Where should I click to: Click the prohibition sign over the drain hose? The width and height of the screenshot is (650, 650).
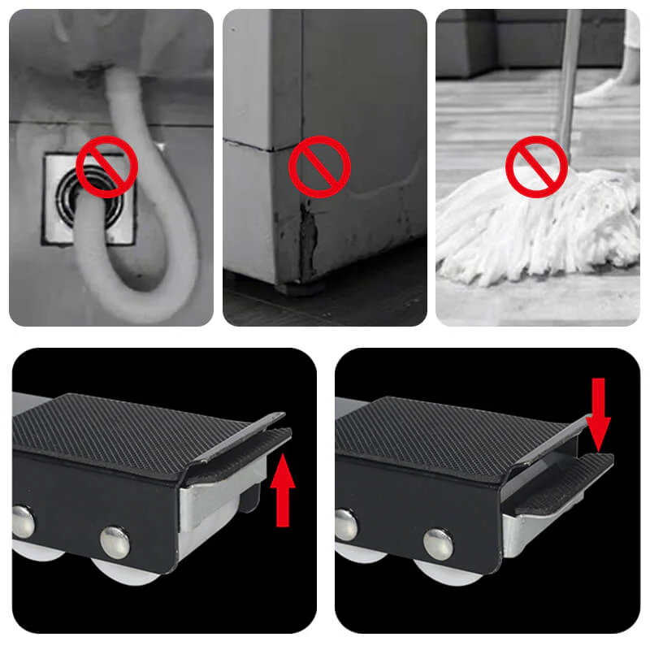click(106, 167)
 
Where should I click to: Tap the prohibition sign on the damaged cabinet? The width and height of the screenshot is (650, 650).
click(319, 167)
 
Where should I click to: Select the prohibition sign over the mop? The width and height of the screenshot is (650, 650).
click(535, 167)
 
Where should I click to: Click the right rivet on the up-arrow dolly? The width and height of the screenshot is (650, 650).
click(115, 541)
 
